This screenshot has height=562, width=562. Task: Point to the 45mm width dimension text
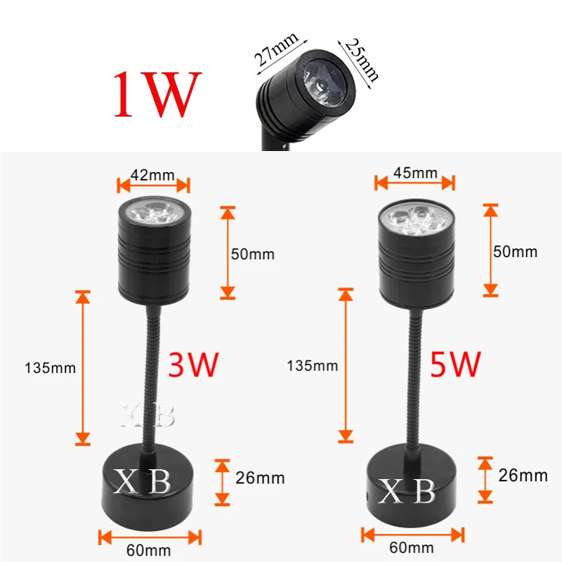click(x=415, y=172)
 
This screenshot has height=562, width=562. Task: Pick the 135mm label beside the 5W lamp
click(x=312, y=365)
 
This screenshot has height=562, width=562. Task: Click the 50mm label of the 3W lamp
click(x=254, y=253)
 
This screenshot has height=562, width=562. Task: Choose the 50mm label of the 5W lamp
click(x=516, y=251)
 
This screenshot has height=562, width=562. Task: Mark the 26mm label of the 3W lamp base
click(x=261, y=478)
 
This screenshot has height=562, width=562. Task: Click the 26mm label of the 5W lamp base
click(x=523, y=476)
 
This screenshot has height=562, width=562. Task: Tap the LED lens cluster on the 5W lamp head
click(x=414, y=217)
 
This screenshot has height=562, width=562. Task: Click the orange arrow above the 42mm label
click(x=153, y=185)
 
